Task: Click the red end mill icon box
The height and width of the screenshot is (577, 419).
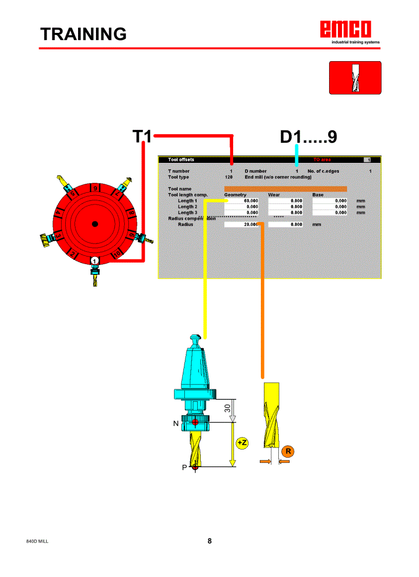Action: [x=355, y=78]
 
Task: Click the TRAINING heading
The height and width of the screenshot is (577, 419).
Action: [x=84, y=34]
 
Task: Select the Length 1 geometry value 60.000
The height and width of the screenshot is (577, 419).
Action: [x=241, y=201]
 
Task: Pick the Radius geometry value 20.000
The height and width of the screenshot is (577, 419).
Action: [x=241, y=225]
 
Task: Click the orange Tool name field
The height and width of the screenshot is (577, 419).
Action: [x=285, y=189]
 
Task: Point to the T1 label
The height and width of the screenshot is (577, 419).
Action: [x=142, y=137]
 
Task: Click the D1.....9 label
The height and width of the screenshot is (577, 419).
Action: [x=308, y=137]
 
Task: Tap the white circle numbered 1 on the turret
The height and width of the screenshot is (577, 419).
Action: [x=94, y=261]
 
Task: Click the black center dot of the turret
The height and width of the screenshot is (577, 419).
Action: [x=94, y=224]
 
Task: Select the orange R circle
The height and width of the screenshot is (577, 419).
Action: [x=288, y=452]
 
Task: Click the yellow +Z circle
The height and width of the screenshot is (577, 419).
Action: [x=242, y=443]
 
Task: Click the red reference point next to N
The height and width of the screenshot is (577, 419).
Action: [x=195, y=423]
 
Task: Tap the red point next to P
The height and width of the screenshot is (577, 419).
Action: [x=195, y=467]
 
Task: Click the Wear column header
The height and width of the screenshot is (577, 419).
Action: [x=274, y=195]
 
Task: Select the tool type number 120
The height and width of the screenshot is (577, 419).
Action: [x=228, y=177]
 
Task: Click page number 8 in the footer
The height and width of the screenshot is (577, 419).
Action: [x=209, y=541]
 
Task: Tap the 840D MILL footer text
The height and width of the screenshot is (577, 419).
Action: [x=37, y=542]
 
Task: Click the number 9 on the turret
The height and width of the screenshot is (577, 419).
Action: [x=95, y=188]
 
